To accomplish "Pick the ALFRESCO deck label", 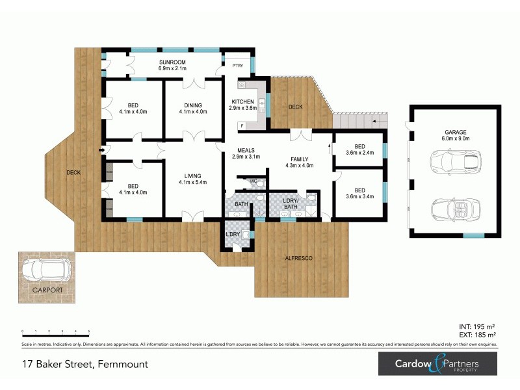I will (x=300, y=258).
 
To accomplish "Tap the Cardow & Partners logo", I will (x=438, y=364).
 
